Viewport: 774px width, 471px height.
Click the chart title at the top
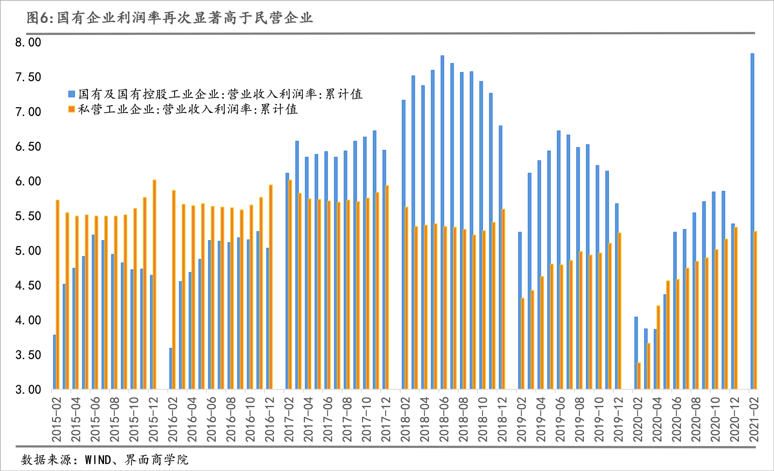[170, 18]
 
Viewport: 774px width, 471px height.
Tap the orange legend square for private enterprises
[72, 109]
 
